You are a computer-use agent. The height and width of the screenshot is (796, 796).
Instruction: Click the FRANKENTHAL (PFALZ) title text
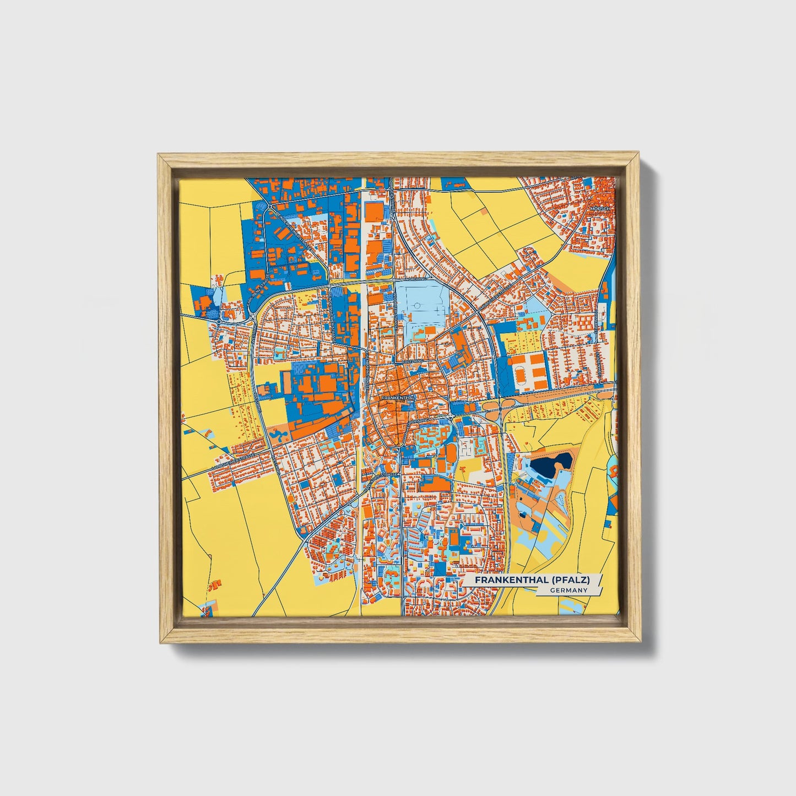[x=532, y=580]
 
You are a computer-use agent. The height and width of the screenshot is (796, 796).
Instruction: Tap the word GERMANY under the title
[x=568, y=590]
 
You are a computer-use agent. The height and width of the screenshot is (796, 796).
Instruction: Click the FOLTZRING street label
[x=412, y=361]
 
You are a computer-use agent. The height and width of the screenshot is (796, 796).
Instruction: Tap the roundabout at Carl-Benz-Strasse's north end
[x=270, y=207]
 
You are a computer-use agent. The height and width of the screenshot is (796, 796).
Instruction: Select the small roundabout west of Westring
[x=219, y=321]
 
